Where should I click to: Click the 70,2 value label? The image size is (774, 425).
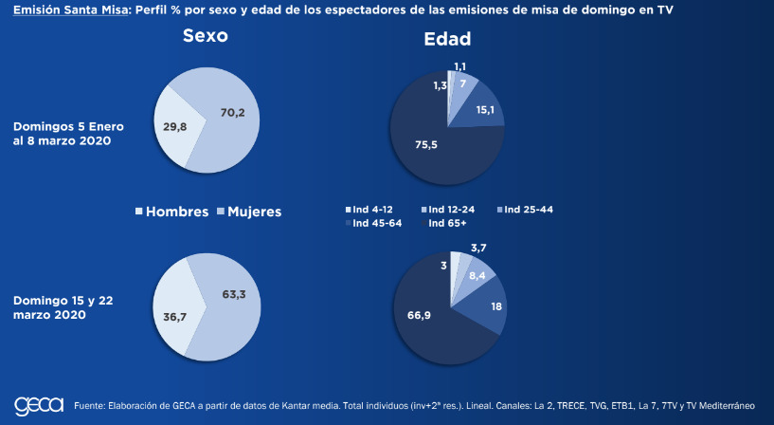233,113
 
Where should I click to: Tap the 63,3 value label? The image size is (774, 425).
233,295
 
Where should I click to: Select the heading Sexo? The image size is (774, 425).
206,38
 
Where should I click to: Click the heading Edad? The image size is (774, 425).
447,40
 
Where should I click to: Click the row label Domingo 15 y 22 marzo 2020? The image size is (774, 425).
63,307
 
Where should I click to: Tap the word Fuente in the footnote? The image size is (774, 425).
90,406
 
